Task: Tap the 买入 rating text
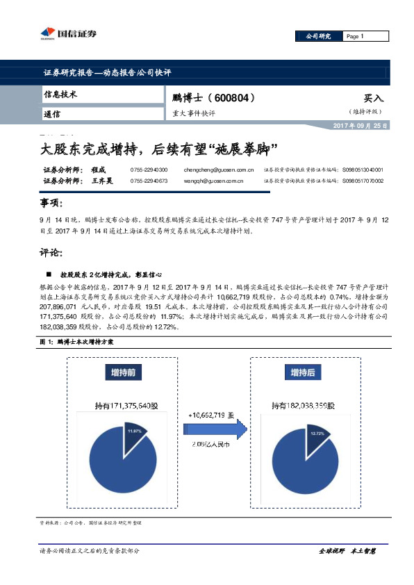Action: pyautogui.click(x=373, y=99)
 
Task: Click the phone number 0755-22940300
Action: pyautogui.click(x=149, y=170)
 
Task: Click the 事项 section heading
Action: pyautogui.click(x=52, y=203)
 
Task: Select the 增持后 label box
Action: pyautogui.click(x=302, y=372)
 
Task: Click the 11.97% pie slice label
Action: pyautogui.click(x=133, y=431)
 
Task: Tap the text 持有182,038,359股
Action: pyautogui.click(x=304, y=404)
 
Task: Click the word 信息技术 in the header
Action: pyautogui.click(x=60, y=93)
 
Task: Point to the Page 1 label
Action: pyautogui.click(x=355, y=36)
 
